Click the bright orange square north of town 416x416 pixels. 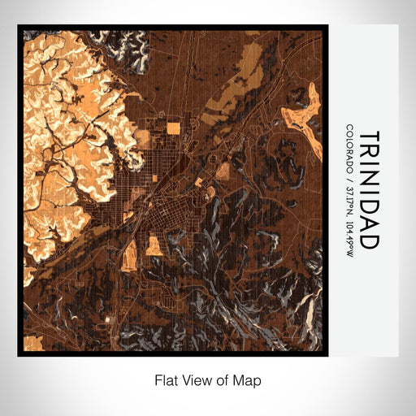(x=173, y=128)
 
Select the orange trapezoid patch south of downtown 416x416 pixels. (x=154, y=246)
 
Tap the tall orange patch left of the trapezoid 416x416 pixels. (x=129, y=253)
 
